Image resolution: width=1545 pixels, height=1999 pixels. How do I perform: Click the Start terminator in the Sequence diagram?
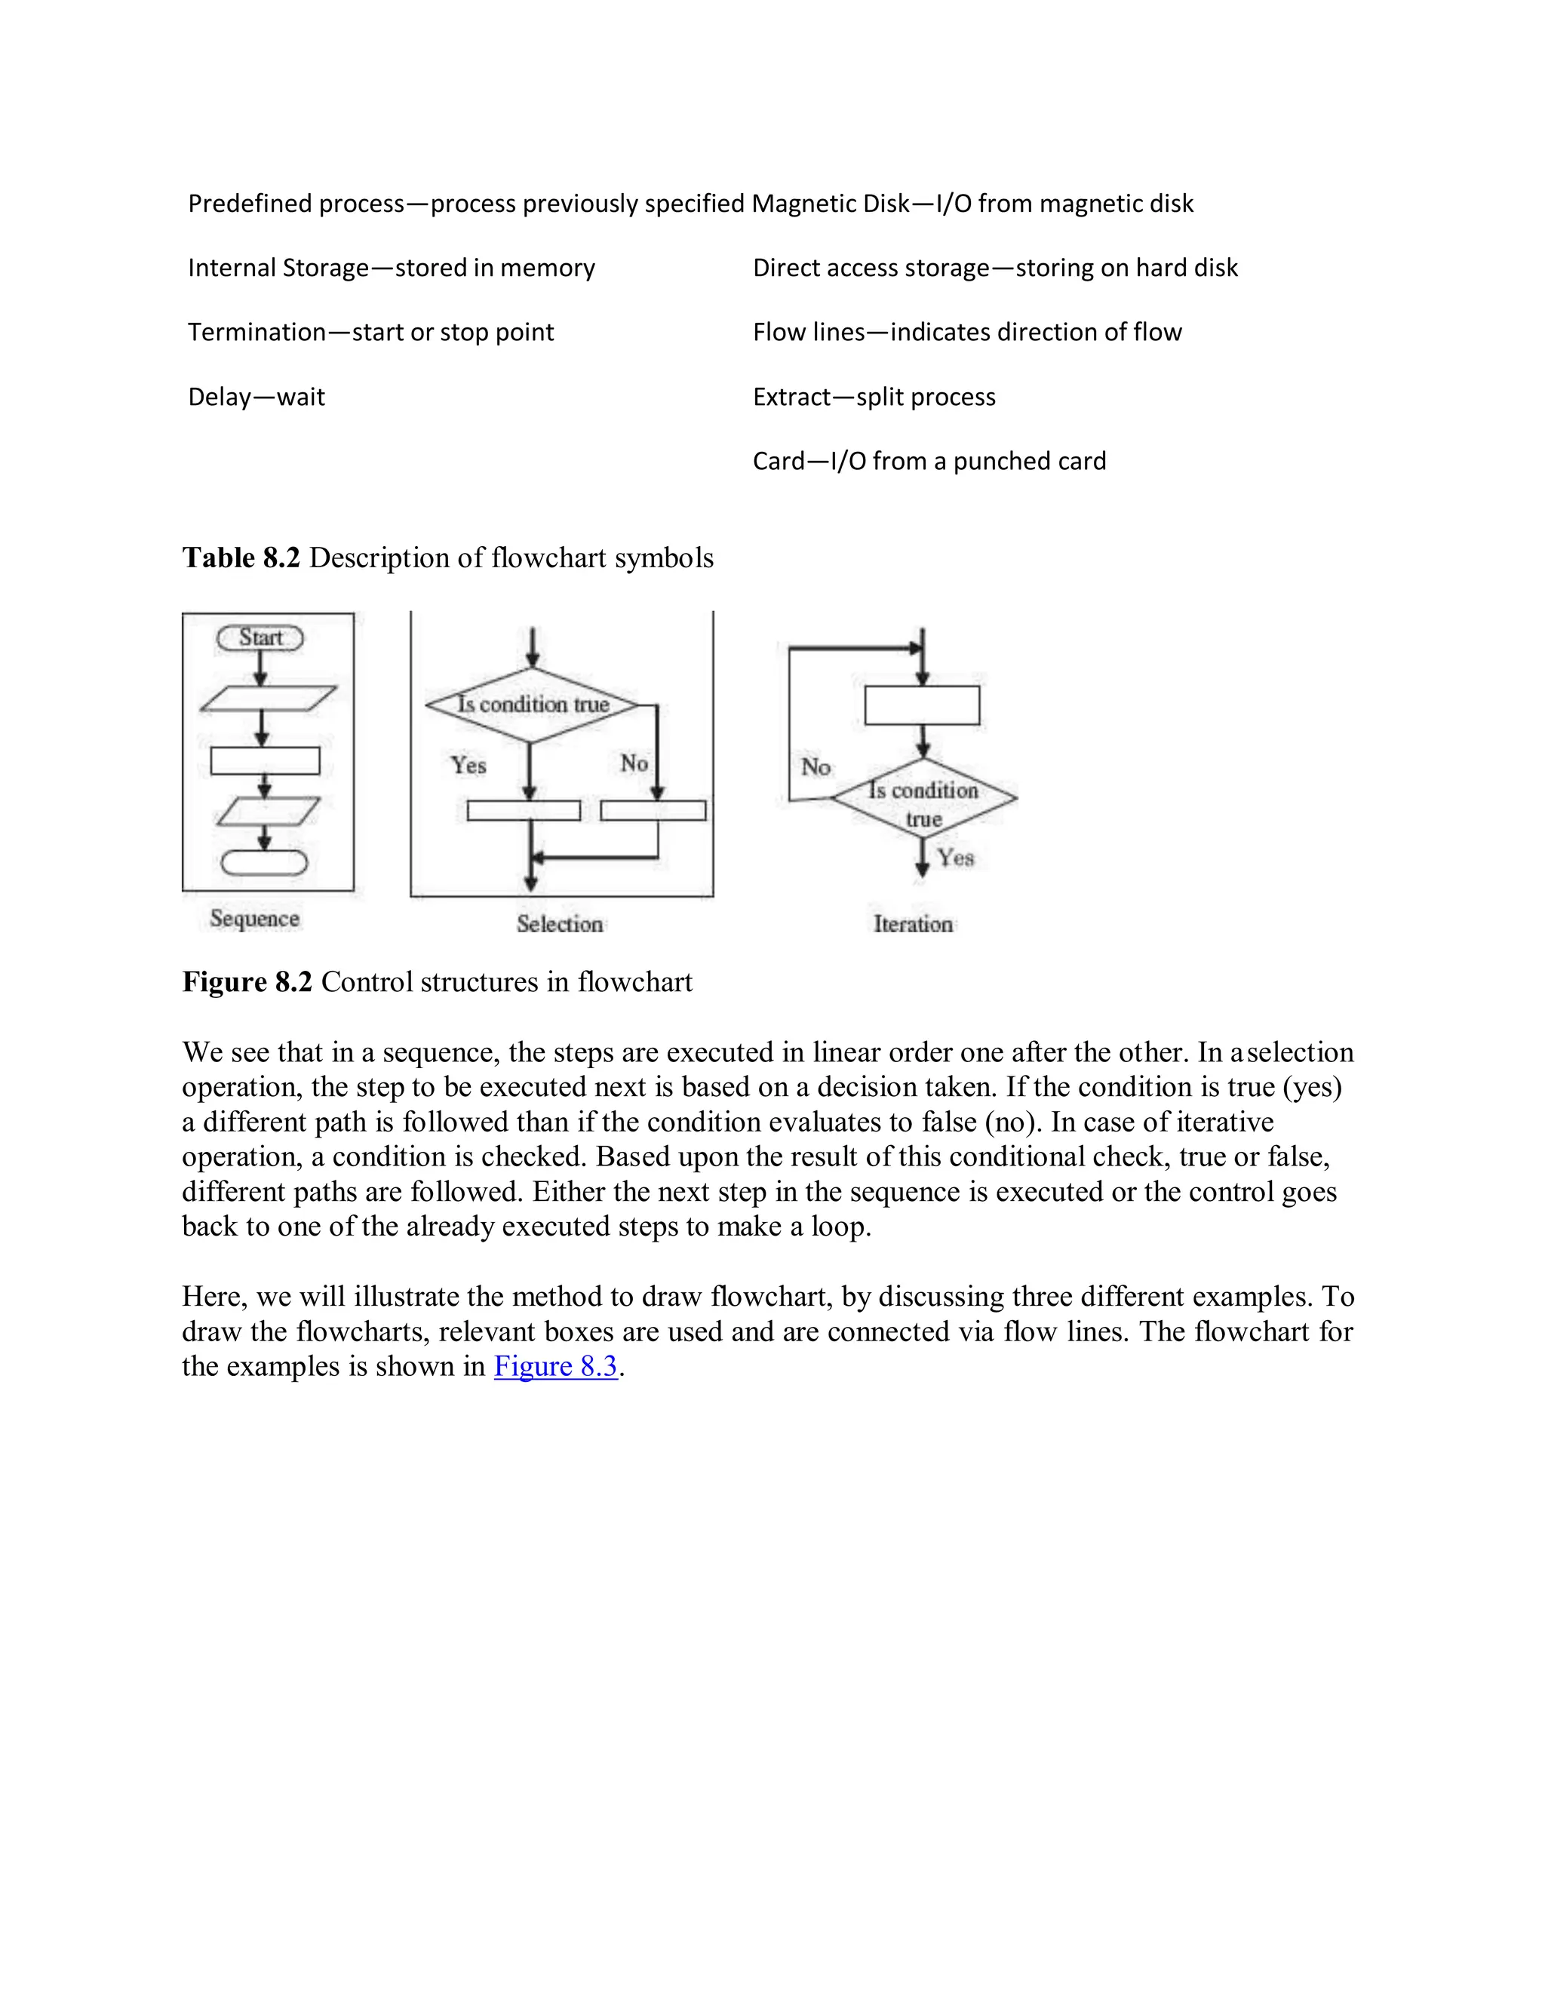[x=260, y=638]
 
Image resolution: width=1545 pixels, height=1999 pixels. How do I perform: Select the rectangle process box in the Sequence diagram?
[x=265, y=760]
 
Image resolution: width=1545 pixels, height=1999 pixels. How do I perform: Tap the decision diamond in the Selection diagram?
[x=532, y=705]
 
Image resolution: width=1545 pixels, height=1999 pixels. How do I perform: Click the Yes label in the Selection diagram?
[x=468, y=765]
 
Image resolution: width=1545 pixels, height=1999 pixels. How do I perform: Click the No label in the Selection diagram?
[x=634, y=763]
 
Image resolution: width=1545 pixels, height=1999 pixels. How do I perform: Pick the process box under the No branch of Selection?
[x=653, y=810]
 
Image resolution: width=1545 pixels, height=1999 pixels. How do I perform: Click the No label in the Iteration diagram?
[x=815, y=767]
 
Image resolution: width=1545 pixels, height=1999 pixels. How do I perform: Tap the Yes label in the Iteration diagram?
[x=956, y=858]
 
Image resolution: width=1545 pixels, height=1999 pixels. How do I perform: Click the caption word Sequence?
[x=254, y=918]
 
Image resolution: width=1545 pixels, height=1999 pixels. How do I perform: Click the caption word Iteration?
[x=913, y=925]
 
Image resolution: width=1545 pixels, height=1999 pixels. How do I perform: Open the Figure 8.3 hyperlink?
[x=555, y=1367]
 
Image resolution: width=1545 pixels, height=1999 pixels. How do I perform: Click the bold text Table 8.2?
[x=241, y=557]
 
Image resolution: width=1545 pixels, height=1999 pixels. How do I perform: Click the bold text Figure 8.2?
[x=247, y=982]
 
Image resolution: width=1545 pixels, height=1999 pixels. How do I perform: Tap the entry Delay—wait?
[x=256, y=398]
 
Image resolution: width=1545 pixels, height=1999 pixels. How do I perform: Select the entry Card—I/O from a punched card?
[x=929, y=462]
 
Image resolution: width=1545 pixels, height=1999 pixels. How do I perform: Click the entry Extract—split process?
[x=874, y=398]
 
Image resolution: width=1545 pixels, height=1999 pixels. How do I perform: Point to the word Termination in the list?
[x=256, y=332]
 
